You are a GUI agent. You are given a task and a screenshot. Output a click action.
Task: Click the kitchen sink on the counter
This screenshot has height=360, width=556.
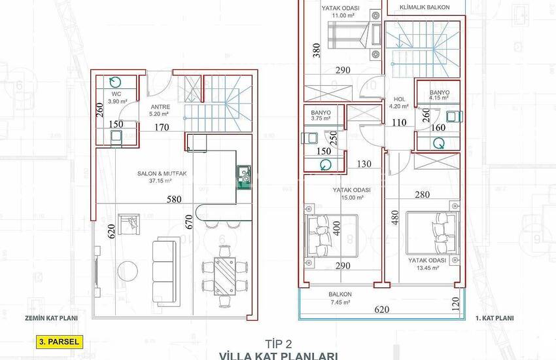pos(245,173)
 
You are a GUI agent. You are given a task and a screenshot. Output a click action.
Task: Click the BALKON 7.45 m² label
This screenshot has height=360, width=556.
pos(341,298)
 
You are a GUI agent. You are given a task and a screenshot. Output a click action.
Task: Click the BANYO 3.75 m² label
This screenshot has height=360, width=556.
pos(321,116)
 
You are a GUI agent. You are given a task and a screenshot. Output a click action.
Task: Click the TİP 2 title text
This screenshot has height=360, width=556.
pos(278,342)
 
